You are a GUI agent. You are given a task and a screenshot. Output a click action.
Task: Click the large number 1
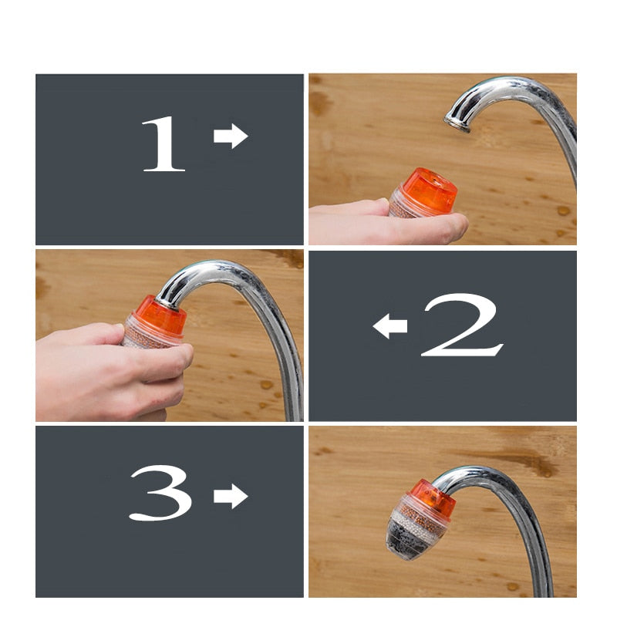[163, 143]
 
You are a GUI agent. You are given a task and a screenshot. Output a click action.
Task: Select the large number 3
[160, 493]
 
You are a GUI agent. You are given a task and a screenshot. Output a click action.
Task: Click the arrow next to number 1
[230, 137]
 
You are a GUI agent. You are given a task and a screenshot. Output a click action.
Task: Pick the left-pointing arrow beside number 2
[390, 326]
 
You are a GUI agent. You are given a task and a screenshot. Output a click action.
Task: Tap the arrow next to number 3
[230, 496]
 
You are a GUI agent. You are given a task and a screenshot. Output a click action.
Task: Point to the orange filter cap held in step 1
[428, 193]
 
